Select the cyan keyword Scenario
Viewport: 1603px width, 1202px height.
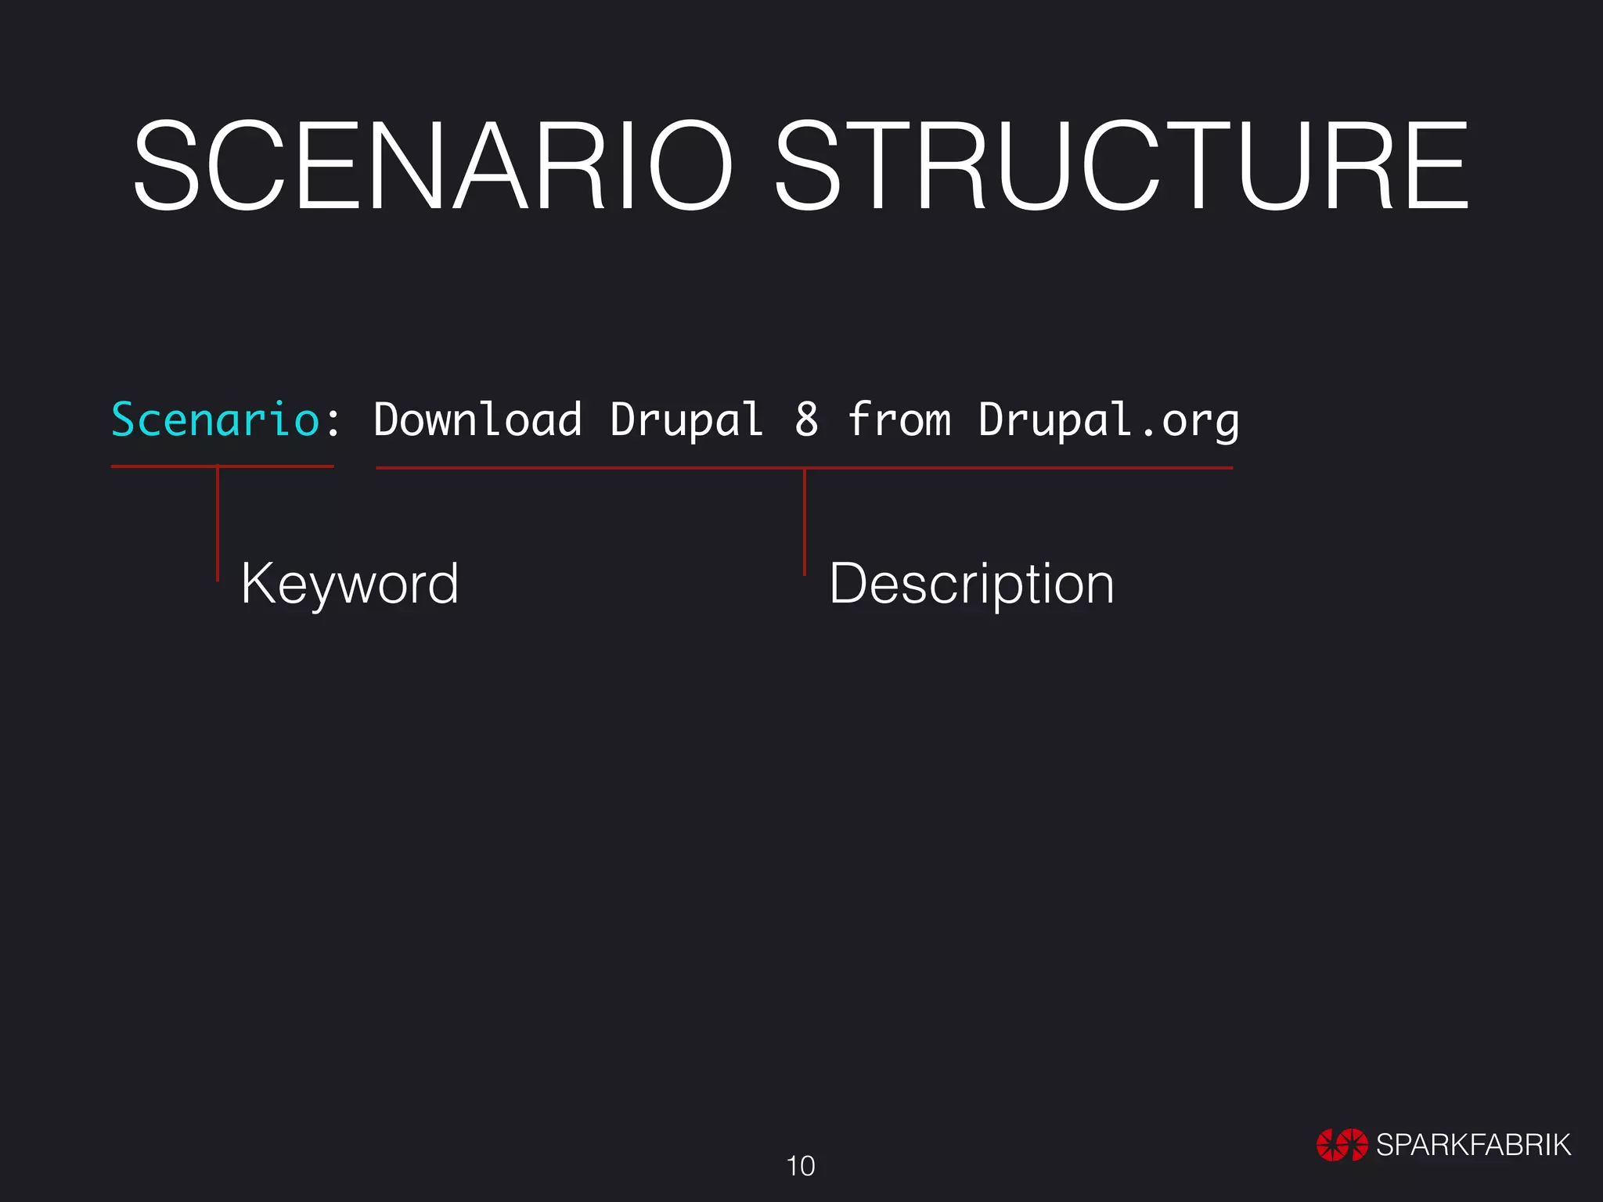[x=215, y=419]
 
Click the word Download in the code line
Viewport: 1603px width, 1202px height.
[x=477, y=419]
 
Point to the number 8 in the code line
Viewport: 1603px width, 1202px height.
[x=806, y=419]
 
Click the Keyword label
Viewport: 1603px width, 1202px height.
[x=349, y=584]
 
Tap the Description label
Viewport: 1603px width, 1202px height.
[x=971, y=584]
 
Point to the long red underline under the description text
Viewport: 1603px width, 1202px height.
[x=1018, y=468]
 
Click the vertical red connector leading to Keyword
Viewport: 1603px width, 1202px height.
[x=218, y=524]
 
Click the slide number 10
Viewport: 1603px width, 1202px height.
[x=801, y=1166]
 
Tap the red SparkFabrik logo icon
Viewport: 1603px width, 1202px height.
[x=1342, y=1145]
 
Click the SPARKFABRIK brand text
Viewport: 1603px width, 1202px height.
[x=1473, y=1145]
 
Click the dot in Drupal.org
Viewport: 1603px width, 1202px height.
[x=1147, y=432]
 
